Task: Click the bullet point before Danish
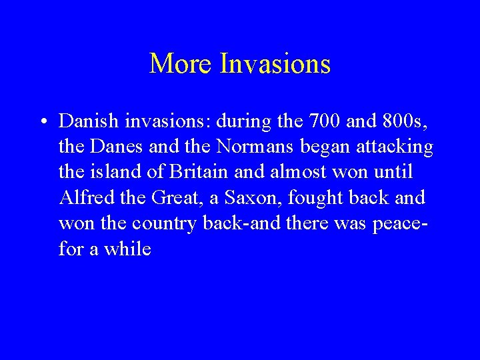[42, 122]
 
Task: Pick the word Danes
[113, 147]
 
